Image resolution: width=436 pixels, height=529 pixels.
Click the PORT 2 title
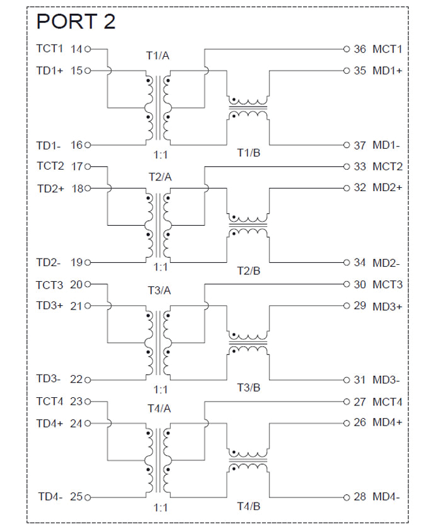pos(76,21)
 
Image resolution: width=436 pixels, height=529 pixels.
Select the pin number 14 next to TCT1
pos(77,49)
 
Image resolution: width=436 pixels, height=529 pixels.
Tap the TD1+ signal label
pos(50,71)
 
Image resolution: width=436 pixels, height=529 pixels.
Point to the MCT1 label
pos(387,49)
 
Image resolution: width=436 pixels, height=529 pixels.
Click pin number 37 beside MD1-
pos(359,146)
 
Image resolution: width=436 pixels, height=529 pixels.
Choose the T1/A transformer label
pos(158,55)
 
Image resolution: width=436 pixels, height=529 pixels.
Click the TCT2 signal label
pos(50,166)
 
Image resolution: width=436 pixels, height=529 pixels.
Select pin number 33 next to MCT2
pos(360,167)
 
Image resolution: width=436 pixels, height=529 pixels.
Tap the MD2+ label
pos(387,188)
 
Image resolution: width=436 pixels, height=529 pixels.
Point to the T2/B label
pos(248,271)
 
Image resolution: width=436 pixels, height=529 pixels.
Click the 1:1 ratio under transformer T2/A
pos(160,267)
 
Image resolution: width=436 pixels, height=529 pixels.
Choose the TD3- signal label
pos(49,379)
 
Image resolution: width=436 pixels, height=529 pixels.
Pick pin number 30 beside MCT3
pos(360,285)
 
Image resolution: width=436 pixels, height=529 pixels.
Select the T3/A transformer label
pos(159,291)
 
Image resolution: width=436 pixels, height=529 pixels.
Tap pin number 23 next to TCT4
pos(77,402)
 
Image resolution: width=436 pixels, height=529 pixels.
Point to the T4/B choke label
pos(248,506)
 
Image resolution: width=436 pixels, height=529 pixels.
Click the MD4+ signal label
pos(387,423)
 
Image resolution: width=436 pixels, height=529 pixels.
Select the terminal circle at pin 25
pos(88,497)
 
